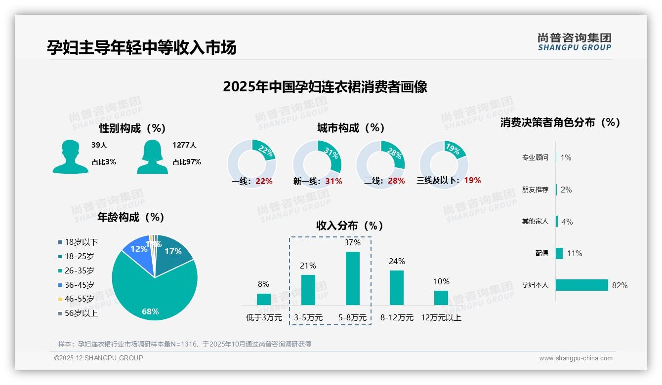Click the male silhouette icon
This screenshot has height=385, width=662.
(70, 157)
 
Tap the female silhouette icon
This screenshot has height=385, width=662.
(152, 157)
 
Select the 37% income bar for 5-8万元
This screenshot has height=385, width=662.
(353, 278)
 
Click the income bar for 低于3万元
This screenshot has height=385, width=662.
(264, 299)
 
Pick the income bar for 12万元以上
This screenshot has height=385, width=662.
(441, 298)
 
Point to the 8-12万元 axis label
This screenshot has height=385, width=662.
(397, 318)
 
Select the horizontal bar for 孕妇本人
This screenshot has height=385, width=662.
(582, 285)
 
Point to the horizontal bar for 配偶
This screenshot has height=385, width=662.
(559, 253)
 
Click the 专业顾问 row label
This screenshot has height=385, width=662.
(535, 158)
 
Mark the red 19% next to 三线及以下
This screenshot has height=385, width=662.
(472, 180)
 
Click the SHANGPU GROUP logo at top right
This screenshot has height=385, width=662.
(575, 41)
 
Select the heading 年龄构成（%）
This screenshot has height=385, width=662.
(131, 217)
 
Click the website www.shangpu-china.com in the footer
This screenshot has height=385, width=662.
(576, 358)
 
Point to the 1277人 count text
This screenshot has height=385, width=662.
(184, 145)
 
